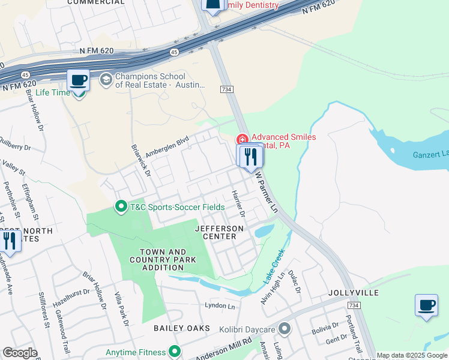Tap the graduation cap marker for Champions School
(106, 80)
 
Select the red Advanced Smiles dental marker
(243, 139)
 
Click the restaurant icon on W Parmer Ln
(250, 156)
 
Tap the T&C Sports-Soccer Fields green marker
(121, 207)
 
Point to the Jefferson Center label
(220, 232)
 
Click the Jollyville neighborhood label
(354, 292)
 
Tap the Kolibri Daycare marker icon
(285, 329)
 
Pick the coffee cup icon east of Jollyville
(426, 305)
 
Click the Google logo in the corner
(20, 353)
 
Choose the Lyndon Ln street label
(220, 305)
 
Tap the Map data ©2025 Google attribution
(412, 355)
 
